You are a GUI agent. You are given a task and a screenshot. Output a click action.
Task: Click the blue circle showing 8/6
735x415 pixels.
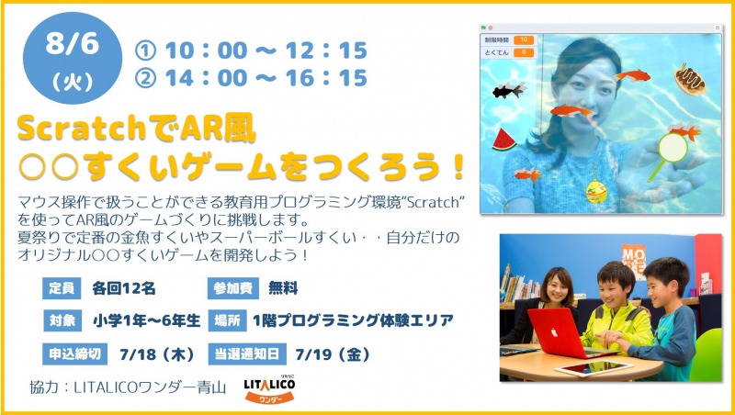coord(73,58)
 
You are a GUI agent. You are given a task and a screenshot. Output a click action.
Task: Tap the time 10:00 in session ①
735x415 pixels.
coord(206,50)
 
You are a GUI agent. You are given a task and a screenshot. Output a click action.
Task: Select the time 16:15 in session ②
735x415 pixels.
coord(326,78)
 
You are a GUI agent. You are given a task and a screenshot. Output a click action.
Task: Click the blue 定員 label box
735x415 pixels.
coord(62,288)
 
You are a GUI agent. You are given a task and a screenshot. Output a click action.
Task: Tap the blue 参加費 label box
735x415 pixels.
coord(233,288)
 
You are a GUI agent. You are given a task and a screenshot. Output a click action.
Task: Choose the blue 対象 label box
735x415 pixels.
coord(62,320)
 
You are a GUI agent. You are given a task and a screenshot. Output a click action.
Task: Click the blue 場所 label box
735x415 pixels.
coord(227,320)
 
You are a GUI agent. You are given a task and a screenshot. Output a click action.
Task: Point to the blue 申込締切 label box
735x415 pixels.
coord(75,354)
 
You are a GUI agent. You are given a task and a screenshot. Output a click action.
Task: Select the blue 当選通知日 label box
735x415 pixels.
coord(247,354)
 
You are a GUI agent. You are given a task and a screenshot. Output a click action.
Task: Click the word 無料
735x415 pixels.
coord(283,288)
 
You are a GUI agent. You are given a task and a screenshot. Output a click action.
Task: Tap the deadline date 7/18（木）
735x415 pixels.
coord(157,354)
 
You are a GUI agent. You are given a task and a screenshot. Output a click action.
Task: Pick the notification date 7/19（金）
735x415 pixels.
coord(333,354)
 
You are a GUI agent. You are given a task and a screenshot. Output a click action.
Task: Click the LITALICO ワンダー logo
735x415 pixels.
coord(269,389)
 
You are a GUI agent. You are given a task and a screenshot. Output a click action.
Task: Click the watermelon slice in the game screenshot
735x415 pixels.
coord(503,140)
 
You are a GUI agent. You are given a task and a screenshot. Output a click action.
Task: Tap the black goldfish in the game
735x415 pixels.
coord(509,89)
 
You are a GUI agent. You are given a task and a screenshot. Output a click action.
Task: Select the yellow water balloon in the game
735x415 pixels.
coord(596,191)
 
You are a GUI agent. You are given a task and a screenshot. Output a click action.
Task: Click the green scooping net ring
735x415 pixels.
coord(673,148)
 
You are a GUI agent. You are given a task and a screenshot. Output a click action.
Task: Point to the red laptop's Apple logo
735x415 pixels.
coord(554,332)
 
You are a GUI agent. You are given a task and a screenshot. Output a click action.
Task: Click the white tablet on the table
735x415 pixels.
coord(591,368)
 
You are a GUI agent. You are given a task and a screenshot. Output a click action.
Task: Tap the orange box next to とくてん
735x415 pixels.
coord(524,52)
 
